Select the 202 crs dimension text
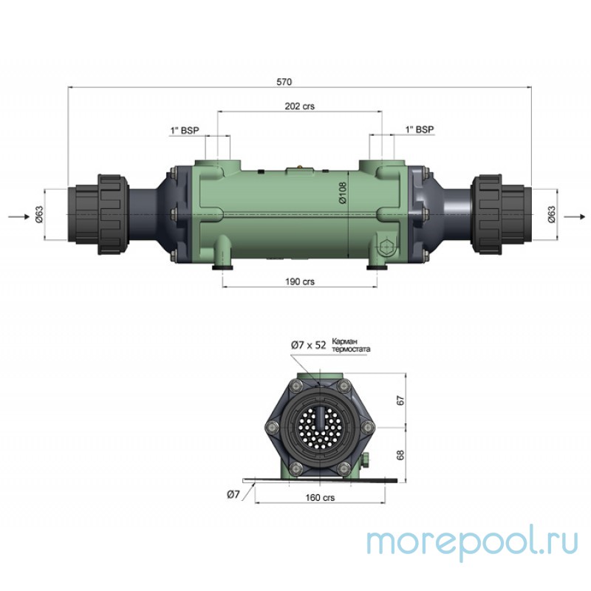(x=300, y=106)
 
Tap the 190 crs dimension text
(x=300, y=281)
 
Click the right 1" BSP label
(x=419, y=129)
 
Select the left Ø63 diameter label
(x=40, y=215)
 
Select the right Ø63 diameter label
(x=550, y=215)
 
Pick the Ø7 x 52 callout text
(x=308, y=344)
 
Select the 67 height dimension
(x=402, y=400)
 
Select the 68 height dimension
(x=402, y=454)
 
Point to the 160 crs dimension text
(x=319, y=498)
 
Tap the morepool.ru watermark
(x=473, y=542)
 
